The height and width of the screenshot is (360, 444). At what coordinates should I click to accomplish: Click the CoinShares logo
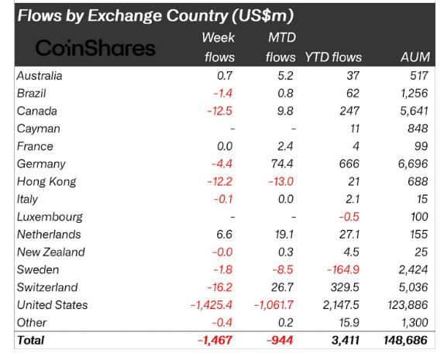point(95,48)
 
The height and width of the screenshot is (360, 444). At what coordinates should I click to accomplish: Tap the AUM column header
point(415,57)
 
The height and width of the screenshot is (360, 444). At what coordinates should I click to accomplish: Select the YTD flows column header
point(333,57)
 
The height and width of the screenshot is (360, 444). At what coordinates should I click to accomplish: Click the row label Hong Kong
point(46,182)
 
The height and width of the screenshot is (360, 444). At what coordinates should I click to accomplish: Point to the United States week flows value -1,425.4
point(212,305)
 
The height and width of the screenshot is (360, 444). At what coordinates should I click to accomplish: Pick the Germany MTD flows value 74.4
point(282,164)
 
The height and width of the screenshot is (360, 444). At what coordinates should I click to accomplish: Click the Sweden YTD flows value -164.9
point(343,269)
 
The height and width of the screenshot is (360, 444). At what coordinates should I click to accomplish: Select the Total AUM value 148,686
point(405,340)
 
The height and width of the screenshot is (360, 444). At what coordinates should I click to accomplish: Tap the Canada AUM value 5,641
point(414,111)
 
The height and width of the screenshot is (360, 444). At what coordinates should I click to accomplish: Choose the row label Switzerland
point(47,287)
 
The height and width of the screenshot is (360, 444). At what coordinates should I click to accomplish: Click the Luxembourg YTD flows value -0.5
point(349,217)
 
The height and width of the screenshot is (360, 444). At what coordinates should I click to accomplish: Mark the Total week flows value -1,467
point(215,340)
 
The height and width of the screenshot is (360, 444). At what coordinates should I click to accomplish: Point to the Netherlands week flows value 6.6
point(224,235)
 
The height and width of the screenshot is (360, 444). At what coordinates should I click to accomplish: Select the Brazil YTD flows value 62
point(353,94)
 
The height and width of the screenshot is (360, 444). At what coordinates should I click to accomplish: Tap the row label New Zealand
point(51,252)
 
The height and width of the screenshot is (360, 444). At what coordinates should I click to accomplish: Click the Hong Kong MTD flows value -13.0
point(281,181)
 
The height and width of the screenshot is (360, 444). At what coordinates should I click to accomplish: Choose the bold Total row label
point(30,340)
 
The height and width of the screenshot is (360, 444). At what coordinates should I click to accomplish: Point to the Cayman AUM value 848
point(418,129)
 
